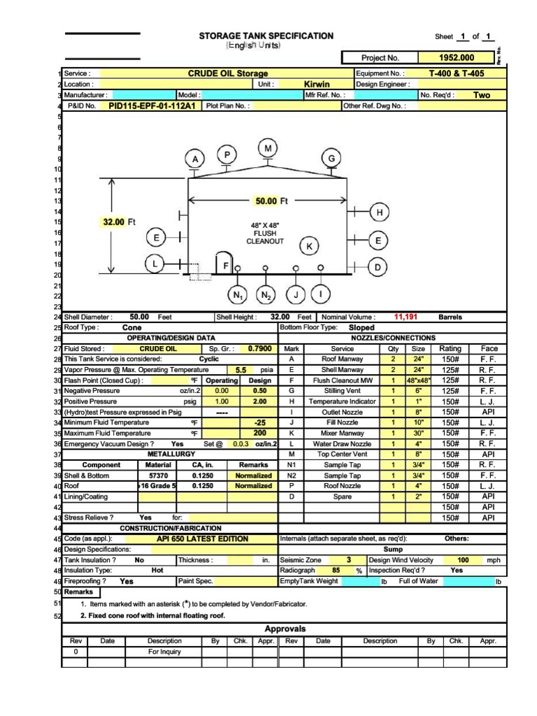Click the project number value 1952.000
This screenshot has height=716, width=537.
point(456,58)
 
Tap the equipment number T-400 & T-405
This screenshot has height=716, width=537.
point(456,73)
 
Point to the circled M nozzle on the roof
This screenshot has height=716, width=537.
point(268,148)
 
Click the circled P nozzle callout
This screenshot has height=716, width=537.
point(227,155)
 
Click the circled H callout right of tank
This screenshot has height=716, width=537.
point(380,212)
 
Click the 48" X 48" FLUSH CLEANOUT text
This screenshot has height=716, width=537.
point(265,234)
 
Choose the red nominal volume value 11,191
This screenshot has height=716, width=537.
point(406,317)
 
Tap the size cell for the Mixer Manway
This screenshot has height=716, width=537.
point(418,434)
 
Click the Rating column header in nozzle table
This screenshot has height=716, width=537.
point(450,348)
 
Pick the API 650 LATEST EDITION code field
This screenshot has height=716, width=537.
point(203,539)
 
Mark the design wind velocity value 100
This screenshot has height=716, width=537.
point(463,560)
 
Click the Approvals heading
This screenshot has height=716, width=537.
point(285,629)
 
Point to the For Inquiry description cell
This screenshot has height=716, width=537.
point(165,652)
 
